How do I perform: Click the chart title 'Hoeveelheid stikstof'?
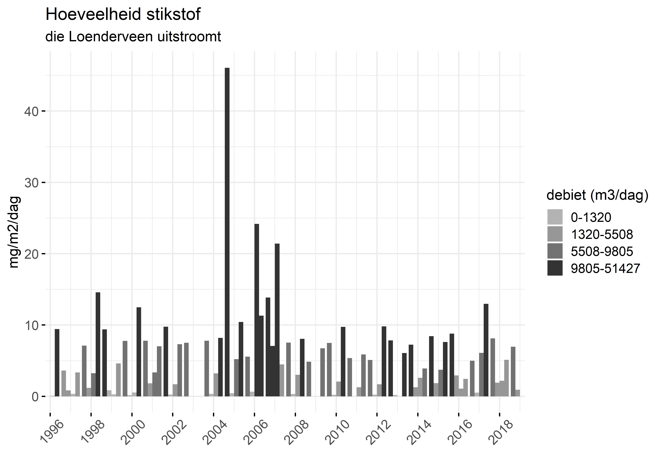[x=123, y=14]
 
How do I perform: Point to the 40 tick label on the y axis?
[x=31, y=112]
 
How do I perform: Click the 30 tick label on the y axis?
[x=31, y=183]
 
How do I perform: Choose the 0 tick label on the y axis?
[x=35, y=397]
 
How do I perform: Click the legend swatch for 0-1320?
[x=555, y=217]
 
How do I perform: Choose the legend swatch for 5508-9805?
[x=555, y=251]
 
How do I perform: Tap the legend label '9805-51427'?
[x=605, y=268]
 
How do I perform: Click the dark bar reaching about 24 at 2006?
[x=257, y=310]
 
